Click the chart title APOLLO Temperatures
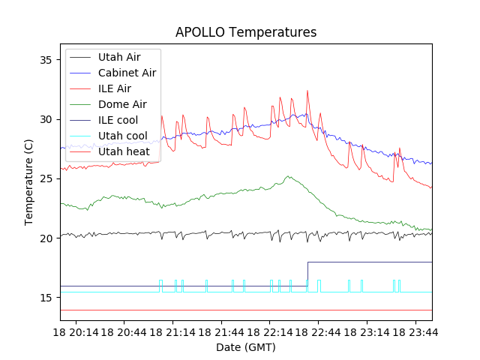[246, 32]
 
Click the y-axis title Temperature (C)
[29, 182]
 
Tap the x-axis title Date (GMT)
[246, 347]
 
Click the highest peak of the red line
[307, 91]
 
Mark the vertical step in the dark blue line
[307, 274]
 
